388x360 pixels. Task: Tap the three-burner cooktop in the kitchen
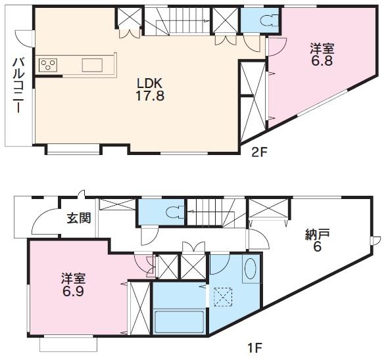click(49, 64)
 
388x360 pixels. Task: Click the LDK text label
click(150, 83)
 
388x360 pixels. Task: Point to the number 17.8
click(150, 95)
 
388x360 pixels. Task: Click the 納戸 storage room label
click(317, 235)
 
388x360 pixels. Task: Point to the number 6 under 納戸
click(316, 247)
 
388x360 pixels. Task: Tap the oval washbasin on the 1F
click(250, 269)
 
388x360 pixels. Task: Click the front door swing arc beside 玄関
click(45, 222)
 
